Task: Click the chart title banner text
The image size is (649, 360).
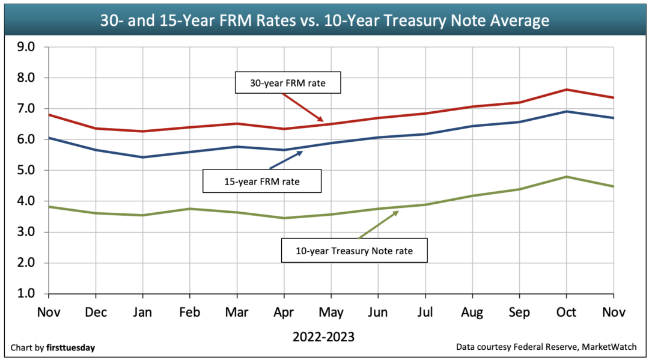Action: (324, 20)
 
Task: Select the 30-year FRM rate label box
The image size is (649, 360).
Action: (287, 83)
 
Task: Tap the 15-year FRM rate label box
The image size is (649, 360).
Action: (261, 180)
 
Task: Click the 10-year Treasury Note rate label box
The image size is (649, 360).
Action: (354, 251)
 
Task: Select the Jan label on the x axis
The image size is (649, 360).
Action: (142, 313)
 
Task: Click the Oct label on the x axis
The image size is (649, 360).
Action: (566, 313)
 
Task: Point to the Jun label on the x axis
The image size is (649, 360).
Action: (377, 313)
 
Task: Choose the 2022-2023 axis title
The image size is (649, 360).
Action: (323, 337)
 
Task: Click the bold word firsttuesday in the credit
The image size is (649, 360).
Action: (70, 347)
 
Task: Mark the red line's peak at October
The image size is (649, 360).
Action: (566, 90)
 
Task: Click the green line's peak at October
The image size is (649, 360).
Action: (566, 177)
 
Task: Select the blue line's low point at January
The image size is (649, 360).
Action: (142, 157)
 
